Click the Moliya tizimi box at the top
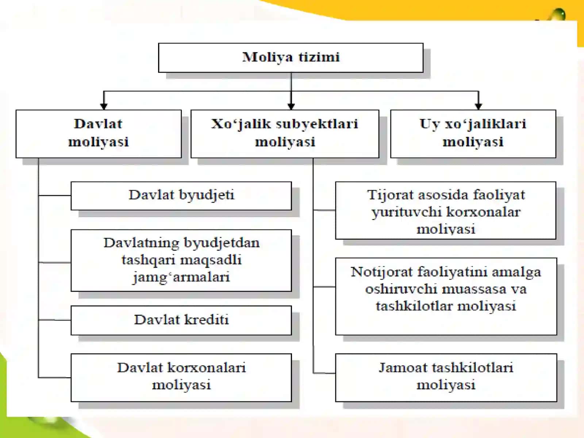pyautogui.click(x=291, y=58)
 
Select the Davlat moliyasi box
pyautogui.click(x=99, y=134)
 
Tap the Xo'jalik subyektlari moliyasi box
pyautogui.click(x=285, y=134)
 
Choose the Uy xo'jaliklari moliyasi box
pyautogui.click(x=473, y=134)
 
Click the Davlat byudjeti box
pyautogui.click(x=181, y=196)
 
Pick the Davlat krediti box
pyautogui.click(x=181, y=320)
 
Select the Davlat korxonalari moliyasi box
pyautogui.click(x=181, y=378)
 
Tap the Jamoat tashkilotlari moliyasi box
pyautogui.click(x=446, y=378)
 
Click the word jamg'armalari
pyautogui.click(x=181, y=277)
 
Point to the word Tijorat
pyautogui.click(x=390, y=195)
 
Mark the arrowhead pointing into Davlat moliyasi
pyautogui.click(x=104, y=106)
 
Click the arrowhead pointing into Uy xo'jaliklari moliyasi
pyautogui.click(x=479, y=106)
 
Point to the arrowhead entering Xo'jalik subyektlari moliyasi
pyautogui.click(x=291, y=106)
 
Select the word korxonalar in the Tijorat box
pyautogui.click(x=483, y=212)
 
